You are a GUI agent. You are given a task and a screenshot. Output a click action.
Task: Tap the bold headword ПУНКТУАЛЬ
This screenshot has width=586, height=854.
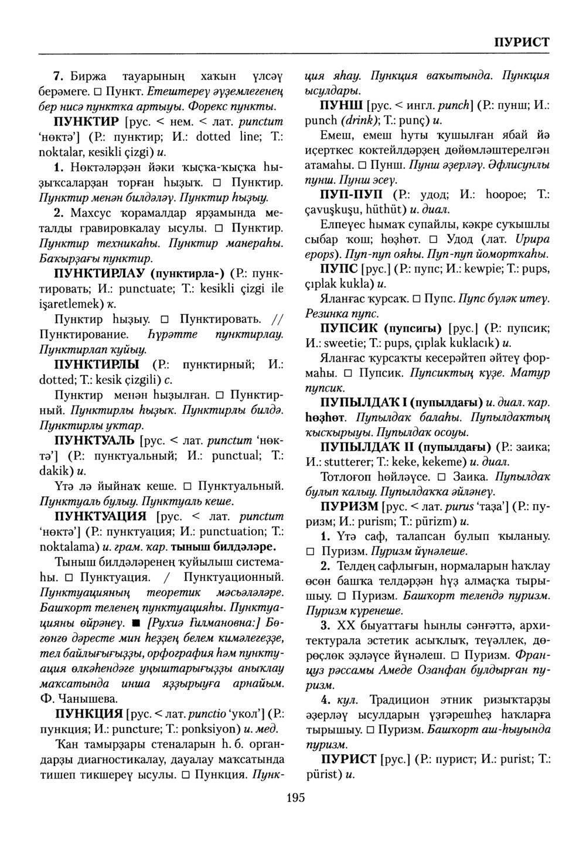click(93, 441)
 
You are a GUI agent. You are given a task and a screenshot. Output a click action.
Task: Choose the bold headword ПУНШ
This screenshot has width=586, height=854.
click(340, 107)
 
